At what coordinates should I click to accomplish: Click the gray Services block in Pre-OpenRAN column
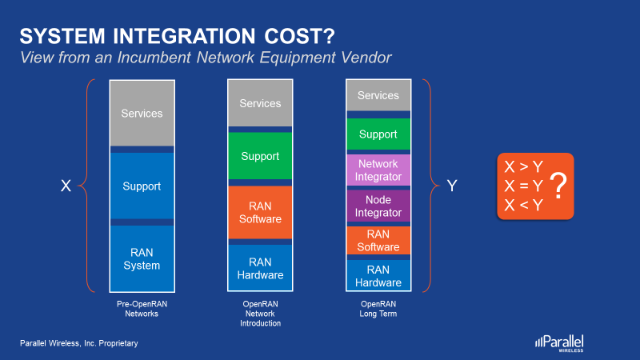tap(142, 113)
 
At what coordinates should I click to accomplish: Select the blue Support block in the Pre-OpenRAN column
tap(142, 186)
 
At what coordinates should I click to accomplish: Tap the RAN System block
tap(142, 258)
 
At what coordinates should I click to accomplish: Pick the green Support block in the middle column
tap(260, 156)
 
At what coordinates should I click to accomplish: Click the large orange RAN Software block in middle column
tap(260, 212)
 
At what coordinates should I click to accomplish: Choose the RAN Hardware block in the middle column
tap(260, 268)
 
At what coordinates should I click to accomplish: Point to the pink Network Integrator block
tap(378, 170)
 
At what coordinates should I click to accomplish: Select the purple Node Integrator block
tap(378, 206)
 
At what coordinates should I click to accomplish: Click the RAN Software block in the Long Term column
tap(378, 241)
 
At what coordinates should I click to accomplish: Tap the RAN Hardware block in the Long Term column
tap(378, 275)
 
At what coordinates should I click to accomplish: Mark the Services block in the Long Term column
tap(378, 95)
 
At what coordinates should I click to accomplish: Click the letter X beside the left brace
tap(66, 186)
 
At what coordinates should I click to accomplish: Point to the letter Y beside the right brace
tap(452, 186)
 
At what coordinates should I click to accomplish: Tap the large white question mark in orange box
tap(558, 186)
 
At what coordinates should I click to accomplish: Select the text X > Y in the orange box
tap(524, 166)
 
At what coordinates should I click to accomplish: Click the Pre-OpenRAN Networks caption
tap(142, 309)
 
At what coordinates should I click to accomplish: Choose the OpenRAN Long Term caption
tap(378, 309)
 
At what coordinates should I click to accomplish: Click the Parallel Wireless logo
tap(559, 343)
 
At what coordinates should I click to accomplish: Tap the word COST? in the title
tap(299, 36)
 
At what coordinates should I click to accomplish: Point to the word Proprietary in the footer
tap(118, 343)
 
